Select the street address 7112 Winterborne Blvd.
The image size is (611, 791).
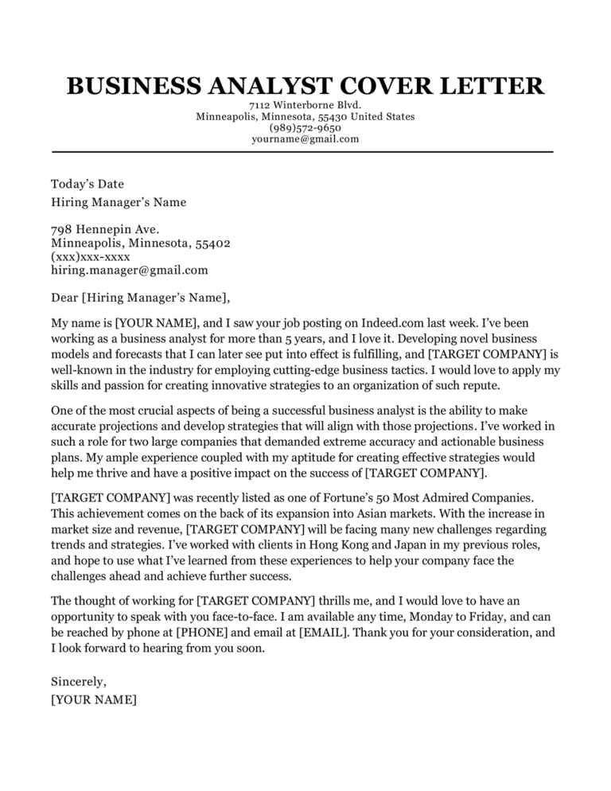[305, 105]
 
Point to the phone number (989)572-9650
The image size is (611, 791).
[305, 127]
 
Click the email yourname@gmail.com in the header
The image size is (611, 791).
[305, 138]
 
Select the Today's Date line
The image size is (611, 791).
[88, 184]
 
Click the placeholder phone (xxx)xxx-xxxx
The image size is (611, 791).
[89, 256]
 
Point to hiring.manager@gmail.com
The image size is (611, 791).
[129, 270]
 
